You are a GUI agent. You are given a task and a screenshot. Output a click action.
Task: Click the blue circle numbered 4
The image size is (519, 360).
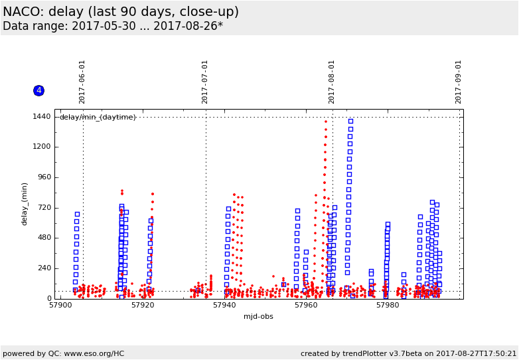38,90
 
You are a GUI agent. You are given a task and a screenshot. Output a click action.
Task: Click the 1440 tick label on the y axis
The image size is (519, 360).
41,117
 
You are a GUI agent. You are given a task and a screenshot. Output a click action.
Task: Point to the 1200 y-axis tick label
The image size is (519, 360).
41,147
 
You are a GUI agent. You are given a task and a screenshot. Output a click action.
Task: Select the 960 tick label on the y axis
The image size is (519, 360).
43,177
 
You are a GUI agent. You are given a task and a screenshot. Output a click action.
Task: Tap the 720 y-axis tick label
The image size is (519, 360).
43,208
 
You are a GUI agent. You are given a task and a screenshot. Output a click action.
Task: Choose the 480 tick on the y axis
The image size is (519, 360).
43,238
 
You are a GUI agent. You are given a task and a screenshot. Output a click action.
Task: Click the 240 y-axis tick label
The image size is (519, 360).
43,268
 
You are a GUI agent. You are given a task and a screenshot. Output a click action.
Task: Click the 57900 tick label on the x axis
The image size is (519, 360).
60,306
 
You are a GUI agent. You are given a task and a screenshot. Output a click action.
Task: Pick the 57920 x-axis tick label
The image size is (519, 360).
143,306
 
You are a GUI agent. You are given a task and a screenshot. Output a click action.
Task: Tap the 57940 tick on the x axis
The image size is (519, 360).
224,306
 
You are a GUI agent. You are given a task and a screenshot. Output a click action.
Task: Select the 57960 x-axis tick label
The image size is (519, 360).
306,306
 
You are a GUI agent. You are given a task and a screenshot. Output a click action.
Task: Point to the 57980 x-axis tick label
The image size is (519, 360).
388,306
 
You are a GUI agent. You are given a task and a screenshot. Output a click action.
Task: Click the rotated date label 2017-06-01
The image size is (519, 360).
82,82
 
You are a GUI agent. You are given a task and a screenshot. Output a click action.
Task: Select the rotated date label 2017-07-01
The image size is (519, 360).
205,82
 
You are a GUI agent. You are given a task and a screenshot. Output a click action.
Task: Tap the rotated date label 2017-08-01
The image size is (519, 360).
332,82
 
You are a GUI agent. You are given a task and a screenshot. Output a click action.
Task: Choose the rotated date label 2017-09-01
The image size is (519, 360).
459,82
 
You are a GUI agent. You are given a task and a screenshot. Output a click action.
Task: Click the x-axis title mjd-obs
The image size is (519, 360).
258,316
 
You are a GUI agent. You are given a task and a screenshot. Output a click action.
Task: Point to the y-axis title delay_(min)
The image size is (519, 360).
25,203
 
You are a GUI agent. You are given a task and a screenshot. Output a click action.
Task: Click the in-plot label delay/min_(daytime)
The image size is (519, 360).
98,118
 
